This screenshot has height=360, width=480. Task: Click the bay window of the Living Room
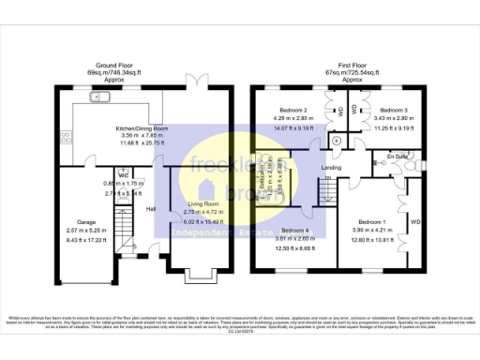(x=197, y=277)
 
